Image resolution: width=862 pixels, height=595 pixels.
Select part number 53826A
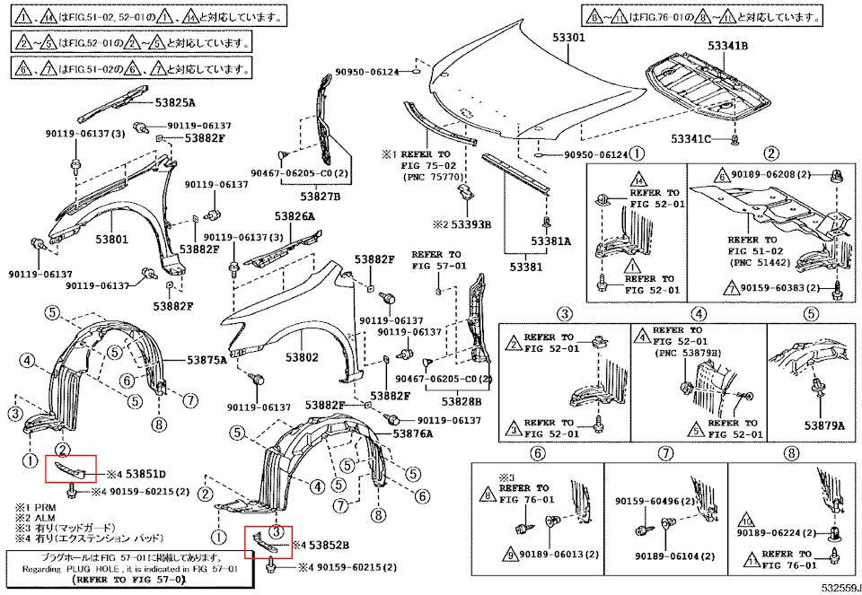pyautogui.click(x=295, y=217)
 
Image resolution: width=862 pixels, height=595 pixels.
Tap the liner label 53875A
pyautogui.click(x=207, y=360)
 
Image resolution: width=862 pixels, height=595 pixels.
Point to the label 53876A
pyautogui.click(x=410, y=433)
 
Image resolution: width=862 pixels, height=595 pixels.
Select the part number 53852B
pyautogui.click(x=330, y=545)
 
